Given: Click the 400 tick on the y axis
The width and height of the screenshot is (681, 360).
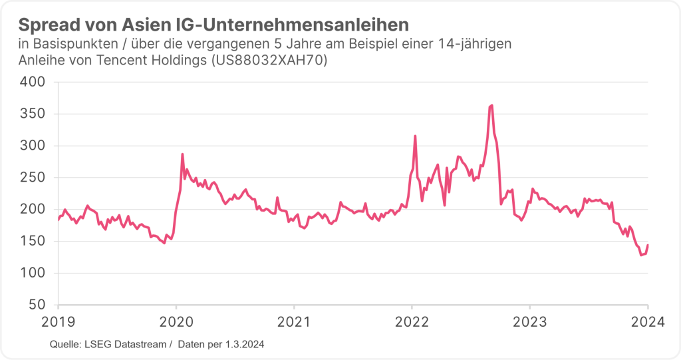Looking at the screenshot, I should (x=31, y=82).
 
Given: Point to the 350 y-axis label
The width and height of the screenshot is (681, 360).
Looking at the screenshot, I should (x=31, y=114).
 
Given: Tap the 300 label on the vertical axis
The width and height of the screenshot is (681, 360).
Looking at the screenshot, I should (x=31, y=146).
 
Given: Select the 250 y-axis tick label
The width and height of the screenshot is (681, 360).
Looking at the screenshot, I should (x=31, y=178).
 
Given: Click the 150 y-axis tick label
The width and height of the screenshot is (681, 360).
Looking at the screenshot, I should (x=31, y=241).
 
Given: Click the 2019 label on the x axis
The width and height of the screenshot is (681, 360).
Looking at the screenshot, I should (x=59, y=321).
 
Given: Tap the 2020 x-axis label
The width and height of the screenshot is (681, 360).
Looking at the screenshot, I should (x=176, y=321).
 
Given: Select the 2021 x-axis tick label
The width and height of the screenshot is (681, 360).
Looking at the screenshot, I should (x=294, y=321).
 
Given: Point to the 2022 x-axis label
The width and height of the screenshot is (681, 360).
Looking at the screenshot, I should (x=412, y=321).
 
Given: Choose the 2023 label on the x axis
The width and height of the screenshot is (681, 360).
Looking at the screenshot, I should (x=529, y=321).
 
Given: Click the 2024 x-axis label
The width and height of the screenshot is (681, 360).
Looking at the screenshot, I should (x=647, y=321).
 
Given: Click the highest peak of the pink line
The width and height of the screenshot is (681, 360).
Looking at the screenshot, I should (x=491, y=105).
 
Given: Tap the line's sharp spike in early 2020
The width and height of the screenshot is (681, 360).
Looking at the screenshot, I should (x=182, y=154).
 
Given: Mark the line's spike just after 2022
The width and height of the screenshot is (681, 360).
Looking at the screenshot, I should (x=415, y=136).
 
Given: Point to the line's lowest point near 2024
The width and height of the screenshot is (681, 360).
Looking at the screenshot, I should (x=641, y=255).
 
